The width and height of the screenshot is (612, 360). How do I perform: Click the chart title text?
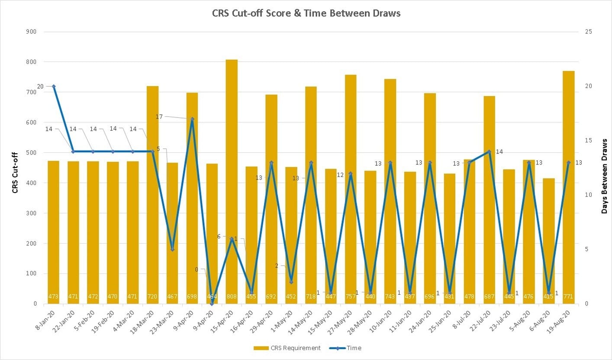[306, 13]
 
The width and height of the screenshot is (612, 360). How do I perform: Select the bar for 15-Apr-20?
[232, 182]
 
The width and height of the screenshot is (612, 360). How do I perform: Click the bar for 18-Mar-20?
[152, 195]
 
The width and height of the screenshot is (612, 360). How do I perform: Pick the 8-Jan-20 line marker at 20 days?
[54, 87]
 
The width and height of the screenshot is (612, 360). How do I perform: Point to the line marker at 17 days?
[192, 119]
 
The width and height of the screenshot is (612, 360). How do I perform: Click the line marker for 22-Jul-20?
[489, 152]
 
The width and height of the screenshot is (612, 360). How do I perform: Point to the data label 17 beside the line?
[159, 116]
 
